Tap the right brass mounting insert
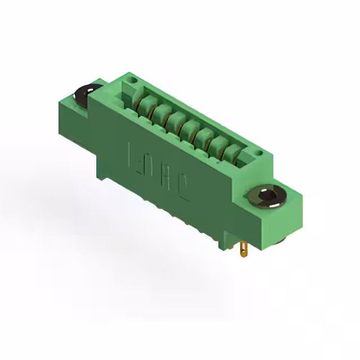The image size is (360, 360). pyautogui.click(x=267, y=197)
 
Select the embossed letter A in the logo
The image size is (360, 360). pyautogui.click(x=168, y=180)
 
